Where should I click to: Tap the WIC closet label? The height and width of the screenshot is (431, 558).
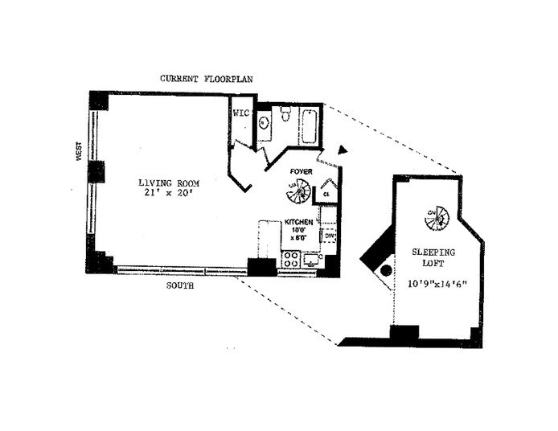coord(242,113)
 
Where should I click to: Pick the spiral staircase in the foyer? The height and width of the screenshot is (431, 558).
coord(299,193)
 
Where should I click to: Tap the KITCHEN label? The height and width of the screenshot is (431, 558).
coord(299,222)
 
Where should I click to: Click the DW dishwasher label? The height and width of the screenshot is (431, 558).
coord(329,236)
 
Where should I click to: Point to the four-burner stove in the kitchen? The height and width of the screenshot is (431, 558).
coord(290,260)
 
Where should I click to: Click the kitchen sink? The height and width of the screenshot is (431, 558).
coord(311,260)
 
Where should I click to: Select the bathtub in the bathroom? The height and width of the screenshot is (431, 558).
coord(310,125)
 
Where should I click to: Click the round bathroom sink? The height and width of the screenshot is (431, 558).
coord(265,123)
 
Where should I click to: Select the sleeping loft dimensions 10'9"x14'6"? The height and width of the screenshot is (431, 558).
coord(433,284)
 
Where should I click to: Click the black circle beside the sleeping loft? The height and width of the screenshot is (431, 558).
coord(385,270)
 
